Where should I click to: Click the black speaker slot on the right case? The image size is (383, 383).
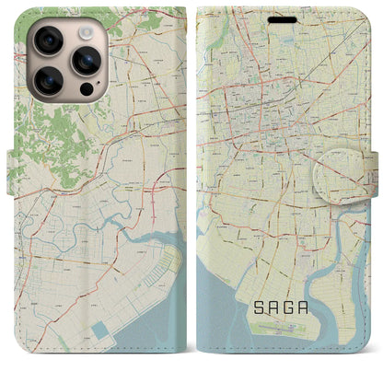click(x=283, y=19)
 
